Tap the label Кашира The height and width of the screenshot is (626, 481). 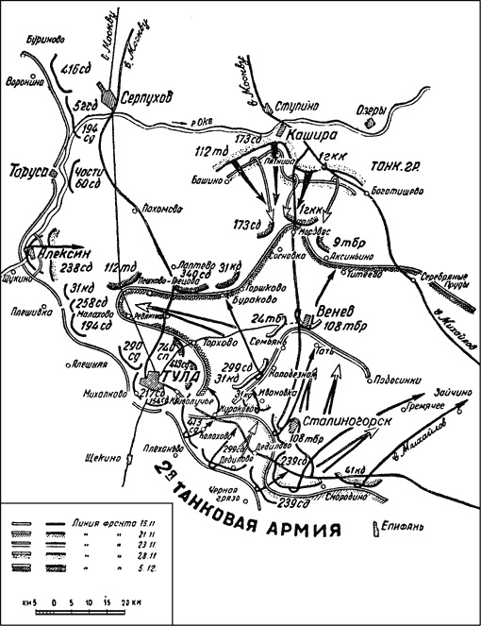[x=310, y=135]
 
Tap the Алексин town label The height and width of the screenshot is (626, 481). [x=58, y=253]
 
